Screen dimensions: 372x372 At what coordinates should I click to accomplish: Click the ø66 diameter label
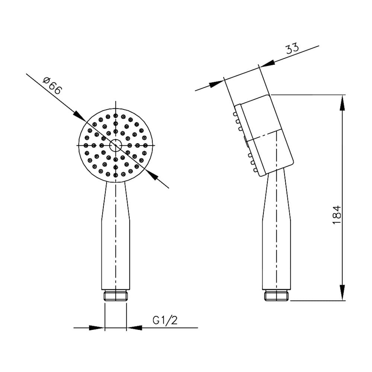[x=53, y=86]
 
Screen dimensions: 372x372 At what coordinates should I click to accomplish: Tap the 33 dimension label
[x=292, y=49]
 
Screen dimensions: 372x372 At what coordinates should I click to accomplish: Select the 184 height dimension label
[x=337, y=215]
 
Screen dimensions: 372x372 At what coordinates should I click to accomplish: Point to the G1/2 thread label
[x=165, y=320]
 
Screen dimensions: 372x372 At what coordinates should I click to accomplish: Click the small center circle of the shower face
[x=116, y=145]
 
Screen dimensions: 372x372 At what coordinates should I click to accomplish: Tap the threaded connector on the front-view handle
[x=116, y=295]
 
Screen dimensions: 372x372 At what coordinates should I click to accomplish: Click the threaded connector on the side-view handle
[x=277, y=295]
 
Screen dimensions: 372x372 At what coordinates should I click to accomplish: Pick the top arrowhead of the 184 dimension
[x=342, y=103]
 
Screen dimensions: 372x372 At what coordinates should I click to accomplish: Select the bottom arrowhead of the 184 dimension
[x=342, y=293]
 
